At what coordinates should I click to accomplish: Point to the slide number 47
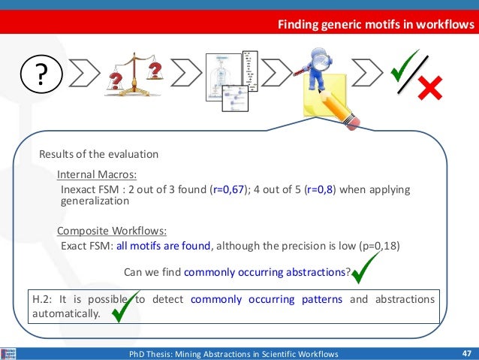click(x=466, y=353)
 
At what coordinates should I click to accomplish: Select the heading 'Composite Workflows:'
click(x=111, y=230)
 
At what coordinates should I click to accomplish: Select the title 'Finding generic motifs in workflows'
click(x=376, y=26)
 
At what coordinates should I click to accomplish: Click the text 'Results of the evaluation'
click(x=98, y=154)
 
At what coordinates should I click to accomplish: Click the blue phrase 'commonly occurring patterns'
click(x=267, y=299)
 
